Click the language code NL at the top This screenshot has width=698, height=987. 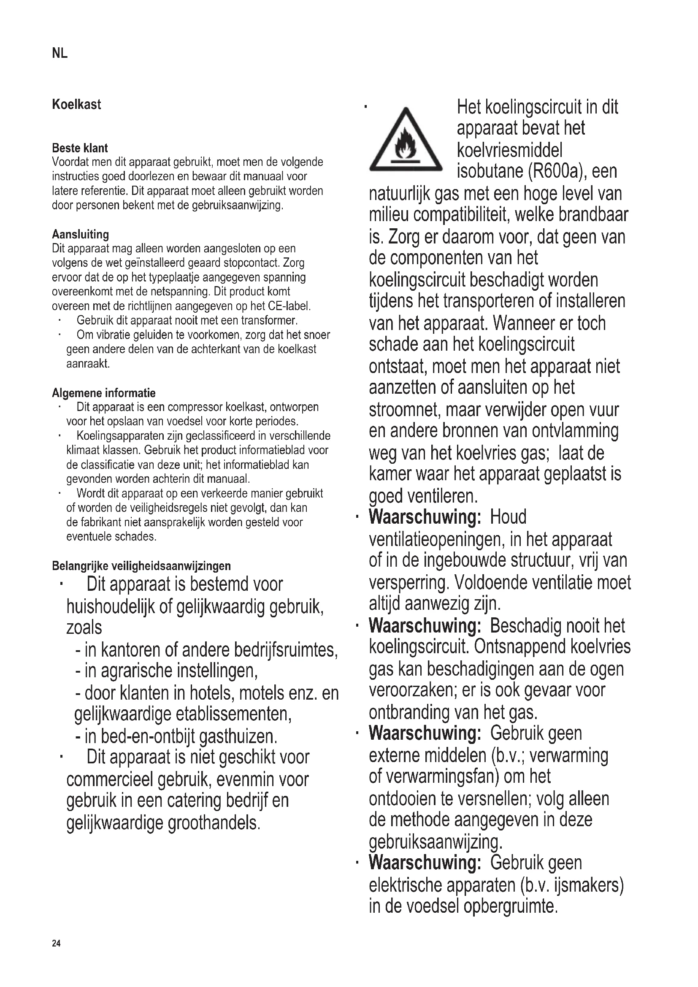60,53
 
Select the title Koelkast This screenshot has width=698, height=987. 76,105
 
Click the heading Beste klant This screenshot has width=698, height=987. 79,148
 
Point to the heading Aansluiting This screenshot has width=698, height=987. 80,234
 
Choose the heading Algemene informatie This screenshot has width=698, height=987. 103,393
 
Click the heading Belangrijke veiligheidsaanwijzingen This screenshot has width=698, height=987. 141,566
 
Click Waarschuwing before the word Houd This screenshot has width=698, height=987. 424,517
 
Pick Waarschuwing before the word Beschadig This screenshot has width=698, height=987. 424,625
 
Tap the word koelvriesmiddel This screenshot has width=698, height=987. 509,151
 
